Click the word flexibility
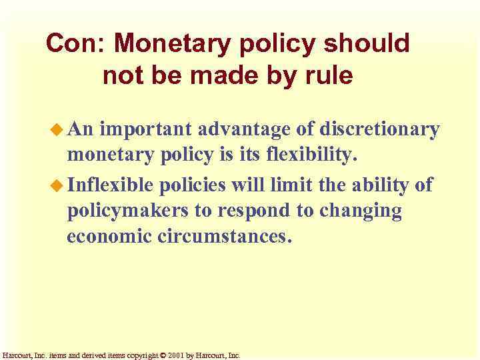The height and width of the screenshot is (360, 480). (312, 156)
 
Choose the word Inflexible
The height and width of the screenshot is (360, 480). (110, 184)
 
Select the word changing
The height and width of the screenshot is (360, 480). (361, 211)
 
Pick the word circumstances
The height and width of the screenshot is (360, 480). (225, 237)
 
